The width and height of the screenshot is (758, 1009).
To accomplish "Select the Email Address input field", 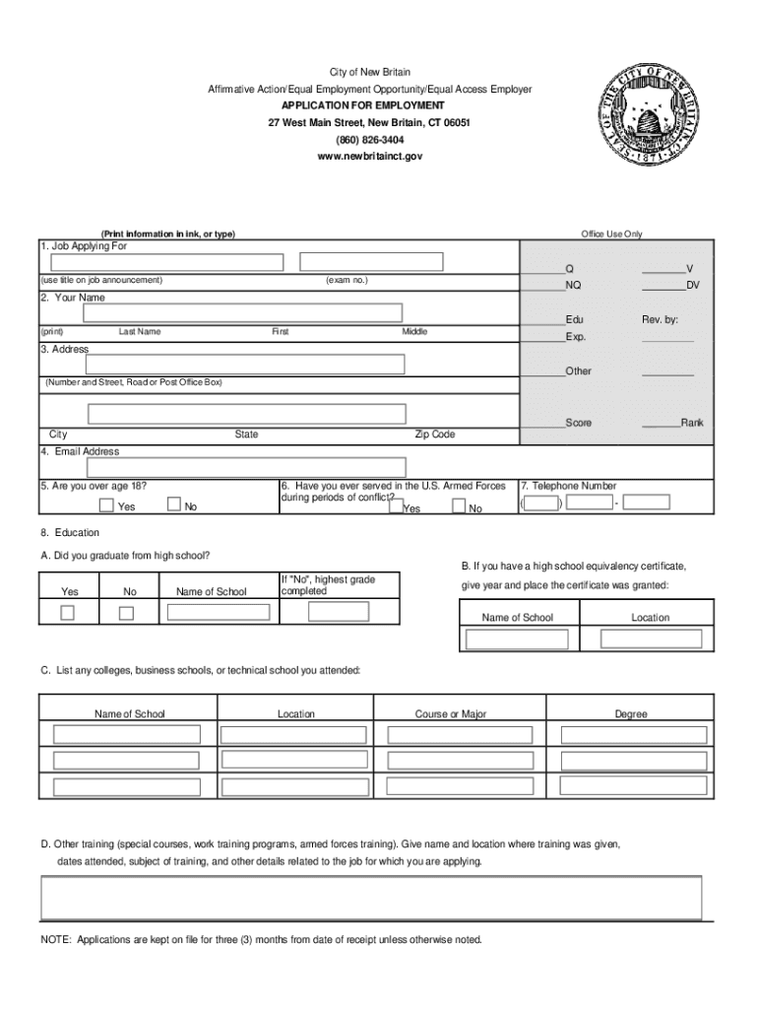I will [x=245, y=468].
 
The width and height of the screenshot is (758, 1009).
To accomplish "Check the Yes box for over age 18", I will [x=106, y=506].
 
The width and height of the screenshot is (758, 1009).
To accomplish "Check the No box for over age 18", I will [x=174, y=505].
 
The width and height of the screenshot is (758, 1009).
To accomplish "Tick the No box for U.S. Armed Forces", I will [x=459, y=506].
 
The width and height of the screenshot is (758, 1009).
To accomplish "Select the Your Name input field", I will [x=243, y=313].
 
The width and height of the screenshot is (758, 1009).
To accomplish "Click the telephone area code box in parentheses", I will [x=540, y=504].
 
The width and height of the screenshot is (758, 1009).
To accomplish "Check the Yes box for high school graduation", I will [x=68, y=613].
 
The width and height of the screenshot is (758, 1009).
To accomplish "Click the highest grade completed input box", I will [x=339, y=612].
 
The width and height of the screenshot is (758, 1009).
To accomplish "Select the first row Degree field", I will [x=633, y=734].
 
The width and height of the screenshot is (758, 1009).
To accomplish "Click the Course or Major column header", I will [x=451, y=714].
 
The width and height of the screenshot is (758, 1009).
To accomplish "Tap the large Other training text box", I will [x=370, y=898].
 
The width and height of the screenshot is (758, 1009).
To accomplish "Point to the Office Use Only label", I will [x=611, y=234].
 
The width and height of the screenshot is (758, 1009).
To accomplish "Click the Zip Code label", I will [x=434, y=435].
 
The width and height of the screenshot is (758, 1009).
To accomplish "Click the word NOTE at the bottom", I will [x=55, y=939].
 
